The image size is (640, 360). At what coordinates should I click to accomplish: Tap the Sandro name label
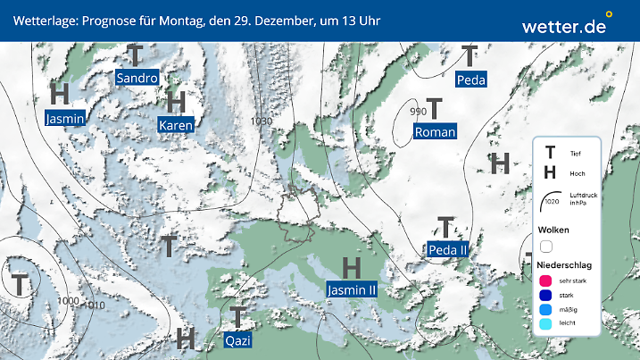pos(137,78)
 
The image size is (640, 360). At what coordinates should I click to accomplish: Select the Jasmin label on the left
pos(64,117)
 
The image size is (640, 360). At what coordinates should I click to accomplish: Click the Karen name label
pos(176,126)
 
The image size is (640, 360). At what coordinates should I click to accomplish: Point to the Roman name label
pos(435,132)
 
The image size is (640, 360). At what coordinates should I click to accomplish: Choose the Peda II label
pos(448,249)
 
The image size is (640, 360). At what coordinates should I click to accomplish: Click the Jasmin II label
pos(352,289)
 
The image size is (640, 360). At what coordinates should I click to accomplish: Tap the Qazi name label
pos(237,340)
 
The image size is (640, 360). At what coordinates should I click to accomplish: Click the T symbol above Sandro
pos(135,54)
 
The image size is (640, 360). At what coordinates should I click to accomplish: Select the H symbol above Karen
pos(175,101)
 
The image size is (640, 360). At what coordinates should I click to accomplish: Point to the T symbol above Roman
pos(435,108)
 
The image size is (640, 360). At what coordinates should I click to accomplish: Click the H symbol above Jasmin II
pos(352,266)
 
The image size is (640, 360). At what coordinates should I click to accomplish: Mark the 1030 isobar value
pos(262,121)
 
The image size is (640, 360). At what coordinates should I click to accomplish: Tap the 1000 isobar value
pos(67,301)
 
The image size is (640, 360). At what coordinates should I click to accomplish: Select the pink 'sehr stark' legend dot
pos(544,280)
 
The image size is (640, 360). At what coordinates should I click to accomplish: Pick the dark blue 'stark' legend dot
pos(544,295)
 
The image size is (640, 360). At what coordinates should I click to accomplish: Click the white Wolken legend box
pos(545,246)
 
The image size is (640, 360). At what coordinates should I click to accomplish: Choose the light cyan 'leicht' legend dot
pos(544,325)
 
